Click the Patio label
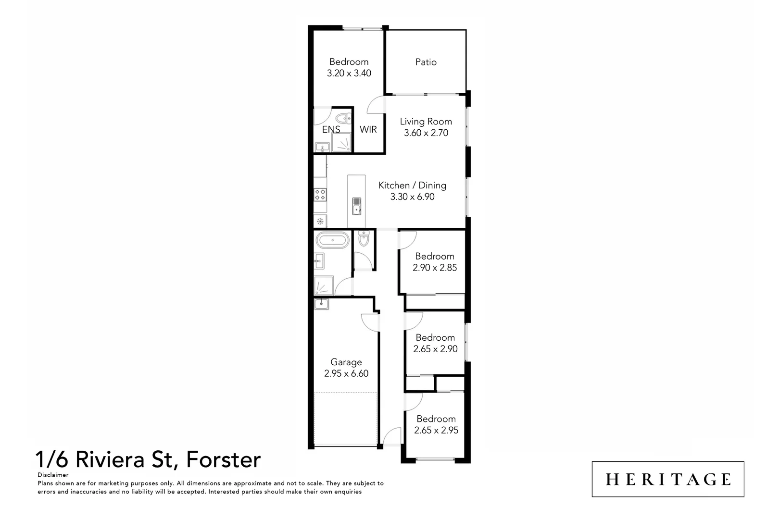pyautogui.click(x=426, y=62)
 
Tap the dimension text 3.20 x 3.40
pyautogui.click(x=349, y=74)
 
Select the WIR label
pyautogui.click(x=368, y=130)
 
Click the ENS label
pyautogui.click(x=331, y=130)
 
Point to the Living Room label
pyautogui.click(x=426, y=122)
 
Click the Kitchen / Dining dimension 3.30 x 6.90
pyautogui.click(x=412, y=197)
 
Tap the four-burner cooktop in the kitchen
pyautogui.click(x=320, y=195)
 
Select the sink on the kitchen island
pyautogui.click(x=356, y=206)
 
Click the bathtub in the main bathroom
pyautogui.click(x=332, y=240)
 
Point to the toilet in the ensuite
pyautogui.click(x=345, y=118)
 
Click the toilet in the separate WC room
pyautogui.click(x=364, y=238)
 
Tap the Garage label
pyautogui.click(x=346, y=362)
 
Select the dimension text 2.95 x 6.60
pyautogui.click(x=346, y=374)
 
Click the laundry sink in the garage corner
pyautogui.click(x=321, y=304)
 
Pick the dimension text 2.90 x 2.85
pyautogui.click(x=435, y=268)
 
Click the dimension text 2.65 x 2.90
pyautogui.click(x=435, y=349)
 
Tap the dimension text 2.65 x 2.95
pyautogui.click(x=436, y=431)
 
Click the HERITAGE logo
pyautogui.click(x=668, y=480)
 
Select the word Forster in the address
pyautogui.click(x=224, y=459)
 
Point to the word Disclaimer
pyautogui.click(x=53, y=475)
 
